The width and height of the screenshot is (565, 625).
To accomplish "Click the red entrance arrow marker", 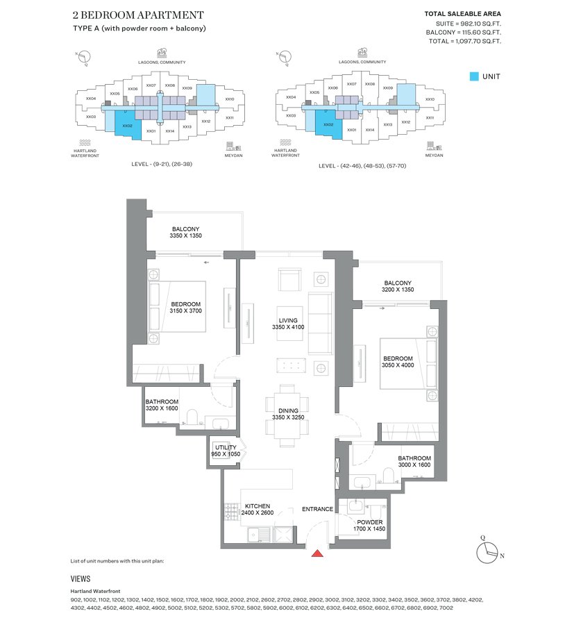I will coord(317,553).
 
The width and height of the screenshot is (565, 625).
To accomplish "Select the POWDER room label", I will coord(369,522).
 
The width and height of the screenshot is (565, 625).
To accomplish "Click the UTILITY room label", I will coord(226,447).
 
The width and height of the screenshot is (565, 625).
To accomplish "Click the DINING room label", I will coord(288,411).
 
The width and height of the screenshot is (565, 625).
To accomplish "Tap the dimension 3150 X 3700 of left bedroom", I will coord(185,312).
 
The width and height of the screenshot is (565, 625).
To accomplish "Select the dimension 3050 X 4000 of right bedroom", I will coord(397,365).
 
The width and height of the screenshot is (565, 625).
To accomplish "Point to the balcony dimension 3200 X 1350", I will coord(397,290).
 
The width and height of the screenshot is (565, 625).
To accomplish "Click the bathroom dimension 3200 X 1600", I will coord(162,409).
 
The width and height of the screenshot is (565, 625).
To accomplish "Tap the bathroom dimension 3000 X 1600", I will coord(414,465).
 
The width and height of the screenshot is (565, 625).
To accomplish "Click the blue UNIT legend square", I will coord(473,76).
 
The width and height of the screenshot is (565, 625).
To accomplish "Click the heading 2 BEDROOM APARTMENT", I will coord(137,15).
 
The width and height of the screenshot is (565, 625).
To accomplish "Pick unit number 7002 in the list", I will coord(446,608).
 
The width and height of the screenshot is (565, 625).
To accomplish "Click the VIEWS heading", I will coord(81,578).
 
